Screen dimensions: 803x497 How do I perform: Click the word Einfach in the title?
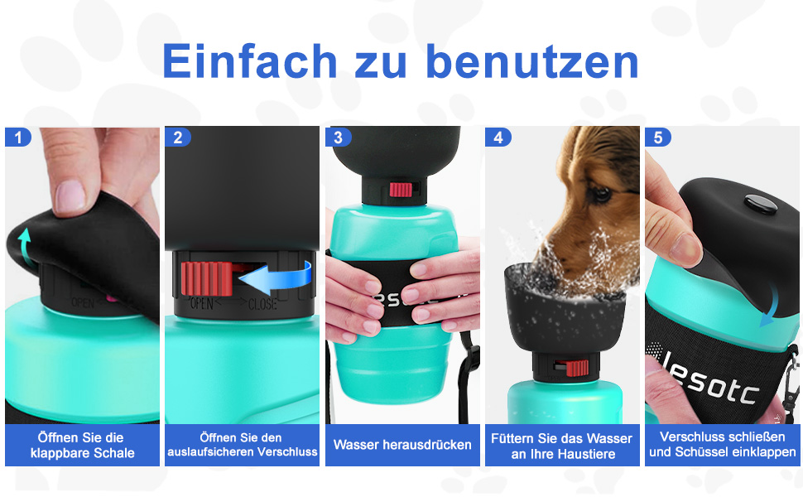[250, 61]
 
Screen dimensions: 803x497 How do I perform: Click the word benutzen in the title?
[532, 61]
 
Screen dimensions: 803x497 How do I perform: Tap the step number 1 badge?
[18, 138]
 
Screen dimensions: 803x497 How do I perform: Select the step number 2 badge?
[178, 138]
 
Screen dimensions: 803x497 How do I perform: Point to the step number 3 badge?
[338, 138]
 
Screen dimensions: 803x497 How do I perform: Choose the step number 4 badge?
[498, 138]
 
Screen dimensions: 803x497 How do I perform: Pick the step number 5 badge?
[658, 138]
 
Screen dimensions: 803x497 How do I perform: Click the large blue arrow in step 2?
[276, 277]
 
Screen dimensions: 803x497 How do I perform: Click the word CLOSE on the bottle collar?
[262, 304]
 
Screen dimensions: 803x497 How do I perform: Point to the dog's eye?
[600, 193]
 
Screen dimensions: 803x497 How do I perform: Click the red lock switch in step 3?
[401, 190]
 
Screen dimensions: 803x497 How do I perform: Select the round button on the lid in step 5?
[761, 204]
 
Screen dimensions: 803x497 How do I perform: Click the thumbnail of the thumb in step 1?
[70, 195]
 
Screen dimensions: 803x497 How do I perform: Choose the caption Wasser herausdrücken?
[402, 445]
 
